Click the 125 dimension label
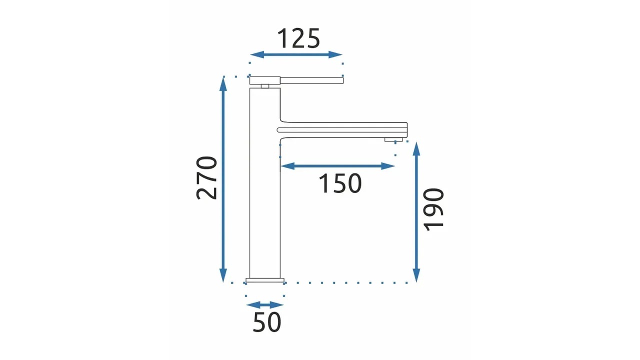(x=298, y=38)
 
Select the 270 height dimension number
(x=206, y=177)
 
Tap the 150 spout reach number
(x=340, y=183)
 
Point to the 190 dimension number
(x=433, y=209)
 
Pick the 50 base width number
(x=267, y=322)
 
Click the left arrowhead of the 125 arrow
(x=257, y=54)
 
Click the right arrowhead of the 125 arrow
(x=335, y=54)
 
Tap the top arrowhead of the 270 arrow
(x=223, y=83)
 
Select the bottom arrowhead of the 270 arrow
(x=223, y=275)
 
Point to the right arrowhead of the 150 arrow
(x=388, y=166)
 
